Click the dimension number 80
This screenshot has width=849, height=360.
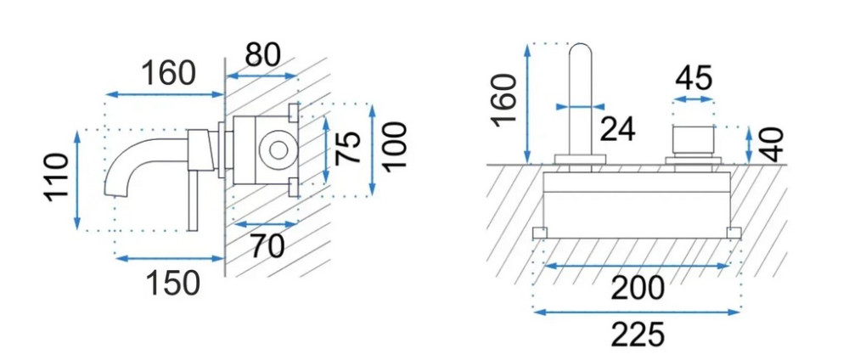click(x=262, y=54)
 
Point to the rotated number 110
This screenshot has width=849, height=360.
click(x=56, y=177)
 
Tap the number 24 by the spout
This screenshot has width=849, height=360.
click(x=618, y=129)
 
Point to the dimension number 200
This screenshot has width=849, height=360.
click(x=637, y=289)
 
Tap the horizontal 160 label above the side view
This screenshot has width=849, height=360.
click(x=168, y=73)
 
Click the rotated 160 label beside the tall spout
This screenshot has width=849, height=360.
click(x=504, y=99)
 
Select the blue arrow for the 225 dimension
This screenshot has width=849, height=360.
click(x=637, y=312)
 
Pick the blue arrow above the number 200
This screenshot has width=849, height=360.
click(x=637, y=267)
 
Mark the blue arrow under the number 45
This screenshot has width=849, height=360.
click(x=693, y=99)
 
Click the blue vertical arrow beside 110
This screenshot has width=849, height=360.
click(x=77, y=178)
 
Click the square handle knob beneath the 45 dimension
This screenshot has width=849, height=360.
click(x=693, y=139)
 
